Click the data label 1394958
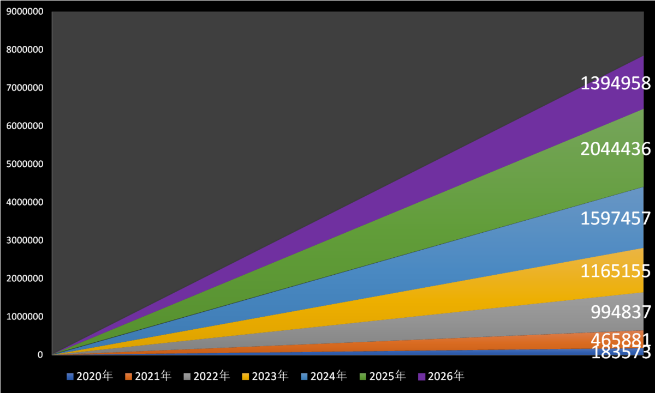click(616, 83)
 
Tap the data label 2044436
click(616, 149)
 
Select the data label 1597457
click(616, 219)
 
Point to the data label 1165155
click(616, 271)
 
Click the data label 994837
click(621, 312)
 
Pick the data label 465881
click(621, 340)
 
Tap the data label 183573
click(621, 353)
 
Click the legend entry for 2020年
click(90, 376)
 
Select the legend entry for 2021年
click(148, 376)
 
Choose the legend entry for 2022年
click(207, 376)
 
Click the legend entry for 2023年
click(265, 376)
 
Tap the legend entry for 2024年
click(324, 376)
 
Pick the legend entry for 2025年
click(383, 376)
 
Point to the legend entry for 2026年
click(441, 376)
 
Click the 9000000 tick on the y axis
click(25, 11)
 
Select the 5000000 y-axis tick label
click(25, 164)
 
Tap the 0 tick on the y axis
click(40, 355)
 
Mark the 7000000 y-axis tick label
click(25, 88)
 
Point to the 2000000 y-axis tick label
click(25, 279)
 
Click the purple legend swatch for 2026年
click(421, 377)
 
